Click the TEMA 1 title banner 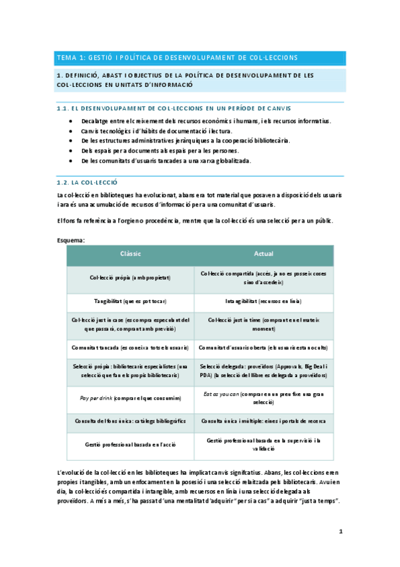[x=177, y=58]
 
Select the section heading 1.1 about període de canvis [x=174, y=108]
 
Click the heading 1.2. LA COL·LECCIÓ [x=87, y=181]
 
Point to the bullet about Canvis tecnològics [x=156, y=131]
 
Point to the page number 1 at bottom [x=340, y=532]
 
